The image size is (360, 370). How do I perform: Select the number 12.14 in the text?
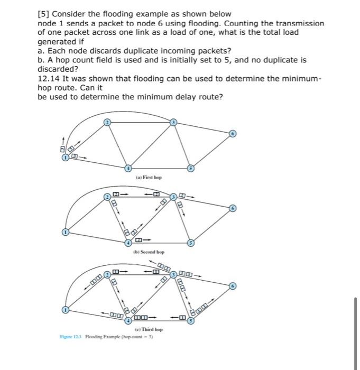[50, 78]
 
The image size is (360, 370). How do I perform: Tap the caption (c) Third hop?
[150, 329]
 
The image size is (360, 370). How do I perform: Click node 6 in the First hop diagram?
[232, 134]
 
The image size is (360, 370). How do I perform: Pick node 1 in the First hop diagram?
[65, 157]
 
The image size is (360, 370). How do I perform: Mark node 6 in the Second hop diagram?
[232, 209]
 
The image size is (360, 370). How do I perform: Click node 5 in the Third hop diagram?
[192, 320]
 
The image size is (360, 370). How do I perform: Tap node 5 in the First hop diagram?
[192, 168]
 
